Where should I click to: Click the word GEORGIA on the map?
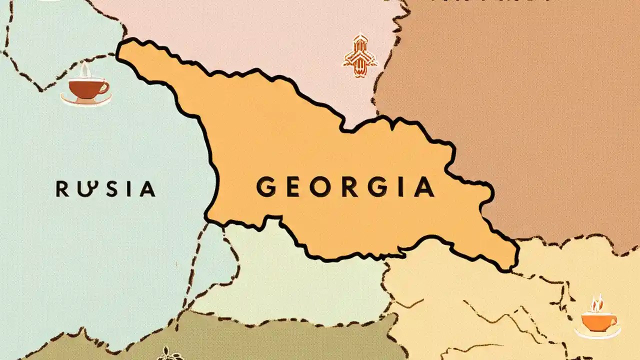click(x=345, y=187)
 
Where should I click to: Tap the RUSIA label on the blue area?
click(x=105, y=189)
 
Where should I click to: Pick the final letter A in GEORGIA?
click(x=424, y=187)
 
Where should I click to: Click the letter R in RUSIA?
click(x=62, y=189)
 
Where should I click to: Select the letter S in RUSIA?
click(x=106, y=189)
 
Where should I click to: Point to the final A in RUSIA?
click(x=146, y=189)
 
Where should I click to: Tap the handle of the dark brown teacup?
click(x=104, y=87)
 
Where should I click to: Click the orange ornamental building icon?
click(x=359, y=55)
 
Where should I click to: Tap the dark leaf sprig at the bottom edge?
click(x=170, y=355)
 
